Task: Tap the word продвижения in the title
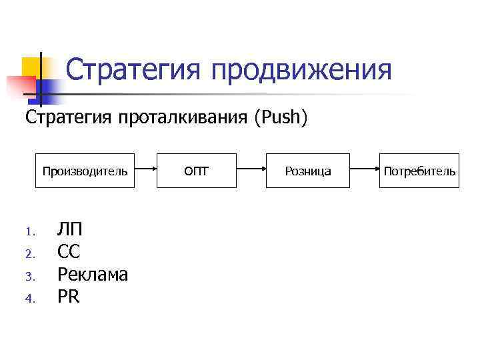coord(301,70)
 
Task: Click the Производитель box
coord(85,171)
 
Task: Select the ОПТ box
coord(196,171)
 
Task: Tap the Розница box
coord(308,171)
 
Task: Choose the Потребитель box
coord(419,171)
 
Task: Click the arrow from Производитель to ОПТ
coord(145,171)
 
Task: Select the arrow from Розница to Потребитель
coord(365,171)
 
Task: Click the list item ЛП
coord(70,230)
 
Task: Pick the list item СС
coord(69,253)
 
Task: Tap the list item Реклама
coord(93,275)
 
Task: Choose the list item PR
coord(69,297)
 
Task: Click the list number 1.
coord(29,233)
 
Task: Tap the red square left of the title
coord(20,87)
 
